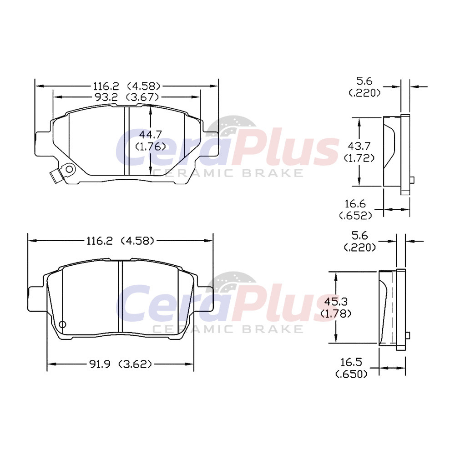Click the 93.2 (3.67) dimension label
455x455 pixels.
pyautogui.click(x=127, y=97)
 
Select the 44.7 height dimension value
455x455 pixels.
pyautogui.click(x=150, y=135)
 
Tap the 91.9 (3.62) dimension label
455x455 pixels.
pyautogui.click(x=121, y=364)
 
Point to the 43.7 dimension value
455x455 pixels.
pyautogui.click(x=359, y=146)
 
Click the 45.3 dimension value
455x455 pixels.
pyautogui.click(x=336, y=302)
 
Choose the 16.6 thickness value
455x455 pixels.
pyautogui.click(x=355, y=204)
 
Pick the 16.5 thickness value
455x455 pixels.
pyautogui.click(x=351, y=362)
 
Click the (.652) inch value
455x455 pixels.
pyautogui.click(x=355, y=216)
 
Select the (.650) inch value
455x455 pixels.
pyautogui.click(x=351, y=374)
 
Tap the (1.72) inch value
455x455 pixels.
pyautogui.click(x=359, y=158)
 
